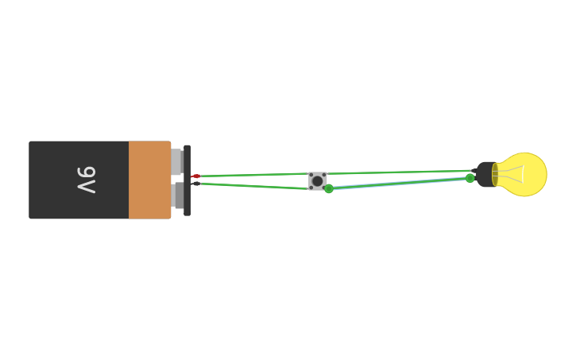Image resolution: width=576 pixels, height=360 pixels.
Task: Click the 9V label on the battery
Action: tap(86, 180)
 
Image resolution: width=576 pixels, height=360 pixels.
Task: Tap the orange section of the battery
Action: tap(149, 180)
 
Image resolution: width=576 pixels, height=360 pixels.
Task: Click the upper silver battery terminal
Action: tap(176, 161)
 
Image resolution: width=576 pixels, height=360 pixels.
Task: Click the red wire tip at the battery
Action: tap(196, 176)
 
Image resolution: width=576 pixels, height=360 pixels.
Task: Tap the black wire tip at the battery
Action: tap(195, 184)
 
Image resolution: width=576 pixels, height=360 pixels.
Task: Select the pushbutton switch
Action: tap(318, 181)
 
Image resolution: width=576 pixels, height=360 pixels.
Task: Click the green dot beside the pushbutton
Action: tap(329, 189)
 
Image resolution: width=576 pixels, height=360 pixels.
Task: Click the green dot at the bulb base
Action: tap(470, 178)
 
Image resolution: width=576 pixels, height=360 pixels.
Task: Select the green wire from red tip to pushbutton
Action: tap(254, 174)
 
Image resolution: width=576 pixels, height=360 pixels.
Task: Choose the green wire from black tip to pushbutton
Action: tap(254, 186)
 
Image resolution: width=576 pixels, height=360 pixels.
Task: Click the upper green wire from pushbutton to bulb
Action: tap(397, 172)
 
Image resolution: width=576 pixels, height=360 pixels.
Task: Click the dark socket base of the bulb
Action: tap(485, 175)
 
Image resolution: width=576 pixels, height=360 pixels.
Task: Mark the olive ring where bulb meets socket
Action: tap(495, 175)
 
